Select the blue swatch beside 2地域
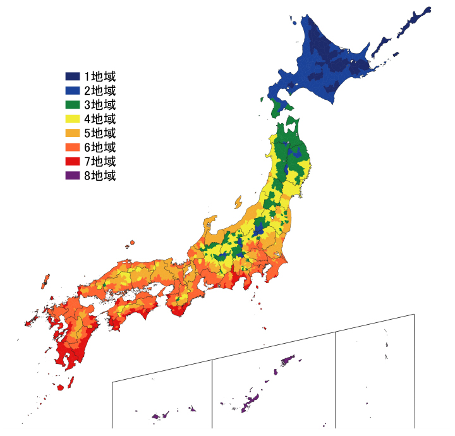(x=72, y=91)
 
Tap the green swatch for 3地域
(x=72, y=105)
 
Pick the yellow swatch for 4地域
(x=72, y=119)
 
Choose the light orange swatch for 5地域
(x=72, y=133)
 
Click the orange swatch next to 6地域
(x=72, y=147)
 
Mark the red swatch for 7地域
(x=72, y=162)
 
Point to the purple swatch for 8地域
(x=72, y=176)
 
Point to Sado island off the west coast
(x=238, y=202)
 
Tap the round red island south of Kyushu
(x=61, y=387)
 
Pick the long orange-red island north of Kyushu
(x=45, y=281)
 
